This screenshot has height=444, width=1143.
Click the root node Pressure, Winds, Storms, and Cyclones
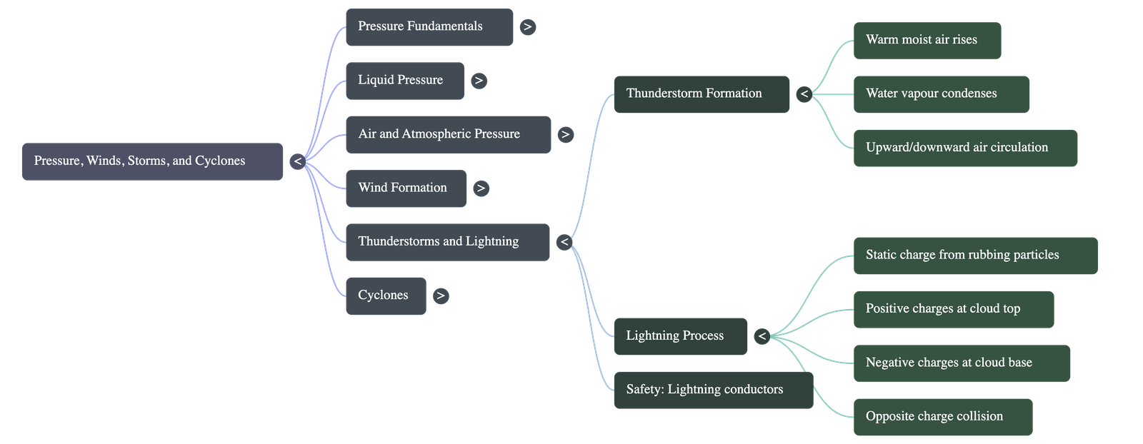click(x=152, y=161)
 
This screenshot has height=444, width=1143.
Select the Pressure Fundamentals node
click(x=429, y=27)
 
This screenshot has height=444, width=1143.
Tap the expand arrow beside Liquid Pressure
click(x=479, y=81)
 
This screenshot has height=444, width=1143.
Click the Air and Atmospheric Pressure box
click(x=448, y=134)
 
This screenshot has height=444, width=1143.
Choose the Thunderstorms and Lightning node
click(x=447, y=242)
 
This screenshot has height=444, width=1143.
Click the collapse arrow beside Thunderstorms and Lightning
click(x=564, y=242)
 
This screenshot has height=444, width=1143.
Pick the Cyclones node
click(x=386, y=296)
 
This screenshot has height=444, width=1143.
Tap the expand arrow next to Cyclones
click(x=441, y=296)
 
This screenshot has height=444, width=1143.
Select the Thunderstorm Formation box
click(x=702, y=94)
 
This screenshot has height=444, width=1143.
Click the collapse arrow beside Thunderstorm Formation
click(x=804, y=94)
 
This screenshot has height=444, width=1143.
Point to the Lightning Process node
click(x=681, y=336)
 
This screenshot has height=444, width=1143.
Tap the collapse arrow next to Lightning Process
click(x=762, y=336)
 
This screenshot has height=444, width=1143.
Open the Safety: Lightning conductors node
click(x=713, y=390)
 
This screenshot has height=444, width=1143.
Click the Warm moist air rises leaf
click(x=927, y=40)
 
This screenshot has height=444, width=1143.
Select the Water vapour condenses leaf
click(x=941, y=94)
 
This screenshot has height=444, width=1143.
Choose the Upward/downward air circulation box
click(x=965, y=148)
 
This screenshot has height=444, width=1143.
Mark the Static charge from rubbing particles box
click(x=975, y=255)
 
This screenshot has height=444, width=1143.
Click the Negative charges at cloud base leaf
click(x=962, y=363)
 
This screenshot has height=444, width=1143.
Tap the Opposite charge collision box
click(x=942, y=417)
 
